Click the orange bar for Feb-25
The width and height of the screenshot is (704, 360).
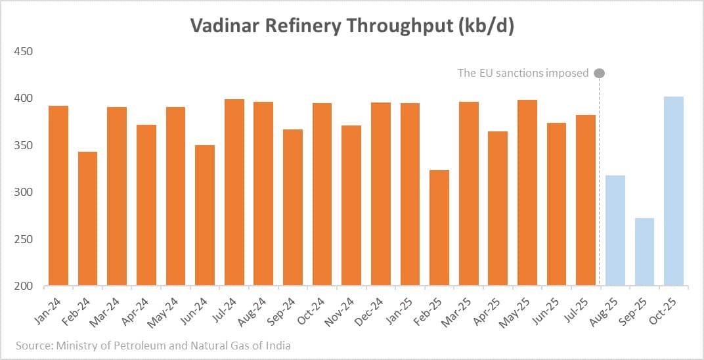coord(439,228)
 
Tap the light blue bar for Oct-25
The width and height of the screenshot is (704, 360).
coord(674,191)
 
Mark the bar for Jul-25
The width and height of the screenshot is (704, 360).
coord(586,200)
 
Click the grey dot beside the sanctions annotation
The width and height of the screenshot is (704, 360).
coord(599,73)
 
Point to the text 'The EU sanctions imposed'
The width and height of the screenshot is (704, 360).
coord(523,73)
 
